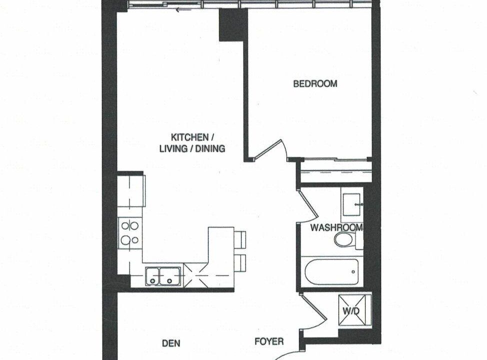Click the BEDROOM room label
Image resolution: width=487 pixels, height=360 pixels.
click(x=315, y=84)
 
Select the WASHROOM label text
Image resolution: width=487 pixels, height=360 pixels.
click(x=336, y=227)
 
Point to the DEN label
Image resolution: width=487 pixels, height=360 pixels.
click(x=171, y=343)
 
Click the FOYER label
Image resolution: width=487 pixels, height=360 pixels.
click(x=269, y=341)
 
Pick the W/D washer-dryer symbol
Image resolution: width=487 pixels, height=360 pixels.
click(x=354, y=310)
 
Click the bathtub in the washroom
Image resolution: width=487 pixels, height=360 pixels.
click(x=331, y=272)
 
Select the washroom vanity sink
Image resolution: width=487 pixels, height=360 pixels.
click(x=352, y=204)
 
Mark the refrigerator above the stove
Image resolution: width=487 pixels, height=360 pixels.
click(x=131, y=191)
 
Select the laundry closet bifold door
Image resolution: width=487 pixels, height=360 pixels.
click(x=313, y=308)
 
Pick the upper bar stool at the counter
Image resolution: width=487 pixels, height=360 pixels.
click(x=240, y=239)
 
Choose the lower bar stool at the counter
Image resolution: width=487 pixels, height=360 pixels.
click(x=240, y=263)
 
